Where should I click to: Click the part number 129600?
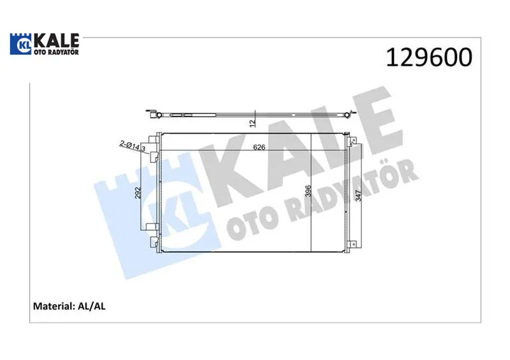[429, 57]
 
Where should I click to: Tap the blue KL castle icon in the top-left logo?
[22, 44]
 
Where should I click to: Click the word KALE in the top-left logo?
[57, 40]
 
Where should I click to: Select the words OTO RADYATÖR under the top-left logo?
[57, 52]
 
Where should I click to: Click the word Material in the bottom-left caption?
[54, 306]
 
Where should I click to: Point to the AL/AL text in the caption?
[91, 306]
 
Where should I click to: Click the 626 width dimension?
[259, 147]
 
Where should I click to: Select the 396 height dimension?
[308, 191]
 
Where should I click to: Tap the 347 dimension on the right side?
[358, 196]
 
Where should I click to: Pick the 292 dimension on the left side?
[138, 192]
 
